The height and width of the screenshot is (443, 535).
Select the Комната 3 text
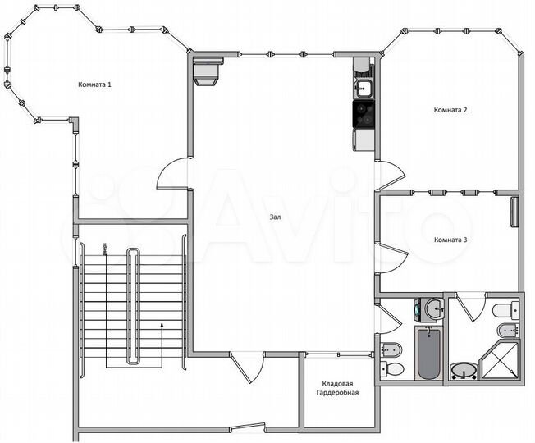coord(450,240)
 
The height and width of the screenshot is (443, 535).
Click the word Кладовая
coord(338,383)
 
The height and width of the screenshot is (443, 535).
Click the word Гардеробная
coord(338,394)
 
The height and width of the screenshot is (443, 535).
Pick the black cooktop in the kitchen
coord(364,114)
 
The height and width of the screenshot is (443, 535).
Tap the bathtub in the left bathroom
coord(428,353)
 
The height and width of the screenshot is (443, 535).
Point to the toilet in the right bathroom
coord(504,309)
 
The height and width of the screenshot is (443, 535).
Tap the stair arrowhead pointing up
coord(162,324)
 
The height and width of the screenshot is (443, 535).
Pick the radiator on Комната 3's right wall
coord(514,211)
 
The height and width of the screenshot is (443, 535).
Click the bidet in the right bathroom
coord(507,331)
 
